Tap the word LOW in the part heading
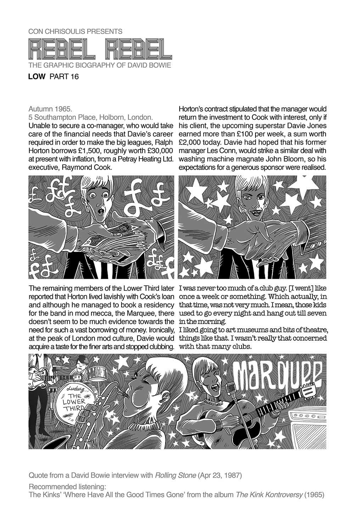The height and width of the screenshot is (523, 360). point(36,76)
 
